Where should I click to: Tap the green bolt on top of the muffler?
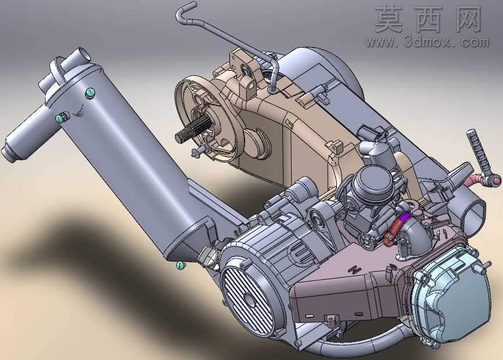(x=91, y=93)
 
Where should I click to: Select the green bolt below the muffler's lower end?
(x=181, y=265)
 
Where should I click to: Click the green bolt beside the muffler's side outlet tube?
(x=60, y=118)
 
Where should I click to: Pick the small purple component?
(x=405, y=217)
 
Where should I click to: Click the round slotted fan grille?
(x=249, y=299)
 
